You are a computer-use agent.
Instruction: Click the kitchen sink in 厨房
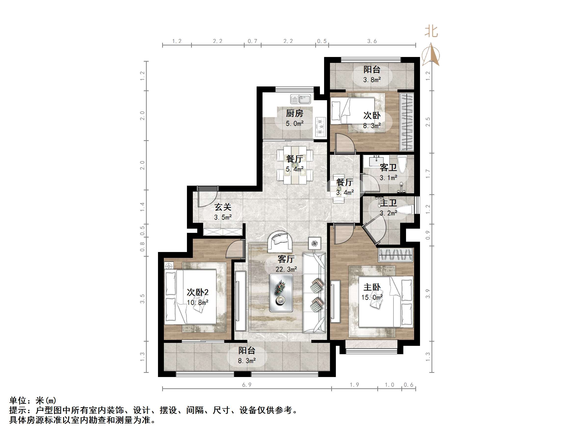(x=301, y=99)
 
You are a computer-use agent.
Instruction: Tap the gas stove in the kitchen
(x=320, y=127)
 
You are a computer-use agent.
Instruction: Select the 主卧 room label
(x=372, y=287)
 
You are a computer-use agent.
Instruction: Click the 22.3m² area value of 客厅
(x=286, y=269)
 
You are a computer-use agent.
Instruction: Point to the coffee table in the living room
(x=281, y=293)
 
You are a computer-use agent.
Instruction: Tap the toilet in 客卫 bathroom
(x=402, y=164)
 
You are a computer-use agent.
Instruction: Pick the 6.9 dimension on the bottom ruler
(x=247, y=385)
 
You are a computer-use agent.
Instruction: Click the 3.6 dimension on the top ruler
(x=372, y=41)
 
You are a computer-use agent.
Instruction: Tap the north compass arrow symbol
(x=431, y=55)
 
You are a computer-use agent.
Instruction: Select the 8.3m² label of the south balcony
(x=247, y=361)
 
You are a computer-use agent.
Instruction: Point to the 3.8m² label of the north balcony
(x=372, y=80)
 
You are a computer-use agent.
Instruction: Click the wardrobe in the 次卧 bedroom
(x=407, y=122)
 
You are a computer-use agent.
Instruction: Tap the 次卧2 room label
(x=197, y=292)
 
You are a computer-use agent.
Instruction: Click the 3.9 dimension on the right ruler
(x=428, y=294)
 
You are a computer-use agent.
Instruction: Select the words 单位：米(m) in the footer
(x=33, y=400)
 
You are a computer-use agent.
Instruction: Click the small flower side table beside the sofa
(x=315, y=244)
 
